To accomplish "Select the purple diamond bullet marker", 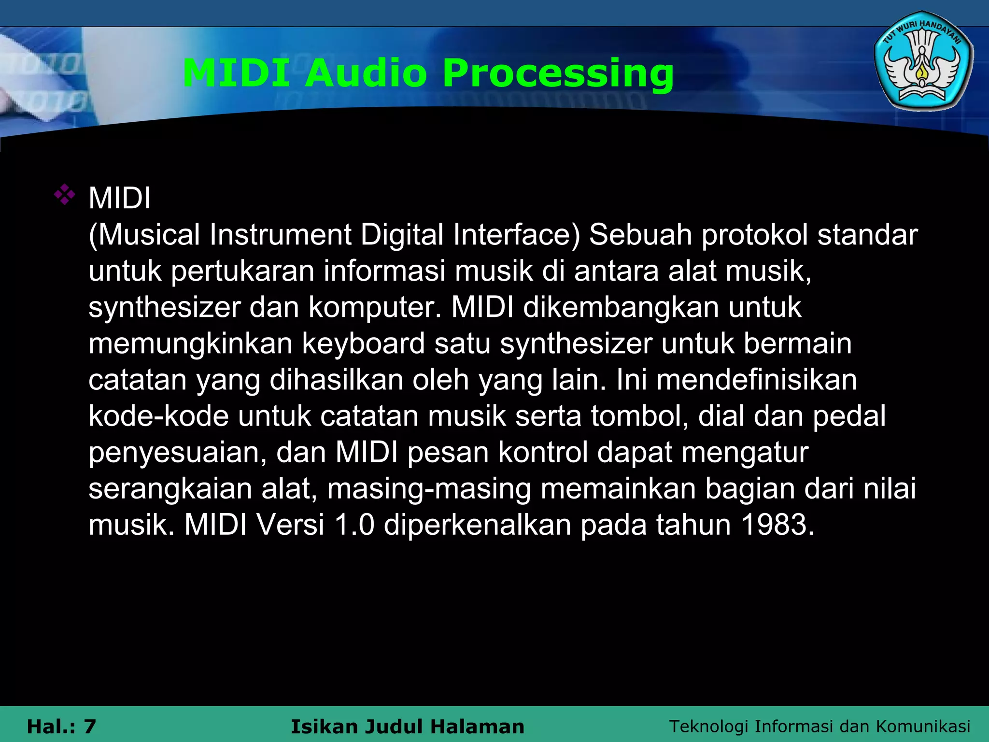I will coord(65,195).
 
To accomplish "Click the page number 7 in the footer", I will coord(90,727).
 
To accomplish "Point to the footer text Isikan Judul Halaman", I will coord(407,727).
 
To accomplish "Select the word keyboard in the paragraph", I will coord(363,343).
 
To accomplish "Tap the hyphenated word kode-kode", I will coord(158,416).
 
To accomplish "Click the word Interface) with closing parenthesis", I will coord(516,235).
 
